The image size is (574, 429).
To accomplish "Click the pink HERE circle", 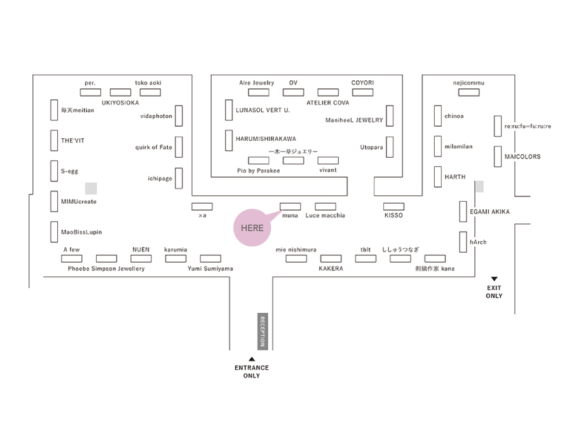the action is tap(252, 228).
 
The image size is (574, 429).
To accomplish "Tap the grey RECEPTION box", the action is tap(263, 332).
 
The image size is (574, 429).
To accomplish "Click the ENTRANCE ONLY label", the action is tap(252, 372).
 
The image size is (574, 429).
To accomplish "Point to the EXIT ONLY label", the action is tap(494, 292).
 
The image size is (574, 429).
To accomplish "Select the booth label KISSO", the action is tap(393, 215).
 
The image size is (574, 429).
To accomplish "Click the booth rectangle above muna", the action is tap(290, 206).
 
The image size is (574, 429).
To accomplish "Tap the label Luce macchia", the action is tap(325, 215).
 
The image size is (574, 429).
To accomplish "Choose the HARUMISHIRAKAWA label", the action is tap(266, 139).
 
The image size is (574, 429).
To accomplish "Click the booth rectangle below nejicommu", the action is tap(469, 92).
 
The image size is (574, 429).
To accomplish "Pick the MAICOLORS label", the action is tap(523, 157).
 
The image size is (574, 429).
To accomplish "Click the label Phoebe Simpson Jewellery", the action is tap(106, 269).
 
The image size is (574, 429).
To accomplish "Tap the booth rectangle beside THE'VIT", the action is tap(54, 141).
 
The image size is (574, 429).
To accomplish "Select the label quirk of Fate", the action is tap(153, 147).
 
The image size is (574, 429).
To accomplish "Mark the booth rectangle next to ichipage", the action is tap(179, 178).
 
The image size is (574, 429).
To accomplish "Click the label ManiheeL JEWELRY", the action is tap(354, 120).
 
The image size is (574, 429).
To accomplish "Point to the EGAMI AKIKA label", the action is tap(489, 211).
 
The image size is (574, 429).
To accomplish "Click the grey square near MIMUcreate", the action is tap(91, 188).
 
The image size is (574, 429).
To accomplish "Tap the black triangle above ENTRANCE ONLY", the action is tap(252, 359).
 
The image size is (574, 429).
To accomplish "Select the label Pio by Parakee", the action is tap(259, 171).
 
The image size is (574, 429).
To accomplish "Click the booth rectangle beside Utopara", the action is tap(390, 147).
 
